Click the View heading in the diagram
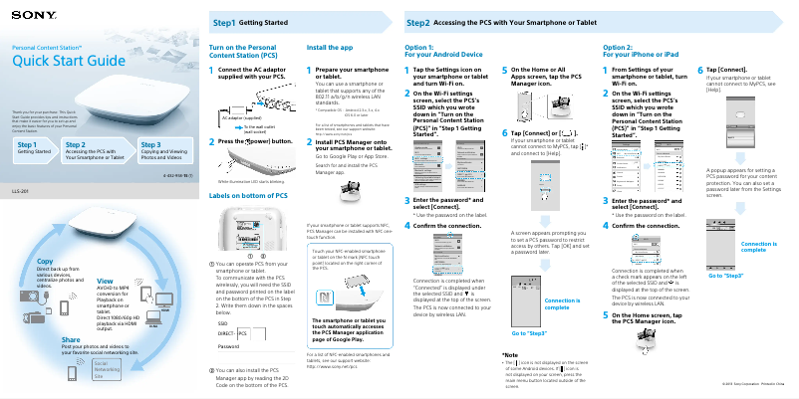coord(105,282)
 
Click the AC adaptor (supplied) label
coord(243,116)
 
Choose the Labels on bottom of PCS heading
coord(249,196)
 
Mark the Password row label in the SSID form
coord(228,344)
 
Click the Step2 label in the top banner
coord(418,21)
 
